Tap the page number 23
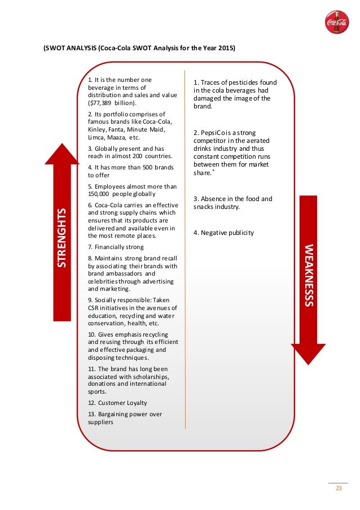339,489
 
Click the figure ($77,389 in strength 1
100,104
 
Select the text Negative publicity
228,233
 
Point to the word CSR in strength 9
94,308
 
